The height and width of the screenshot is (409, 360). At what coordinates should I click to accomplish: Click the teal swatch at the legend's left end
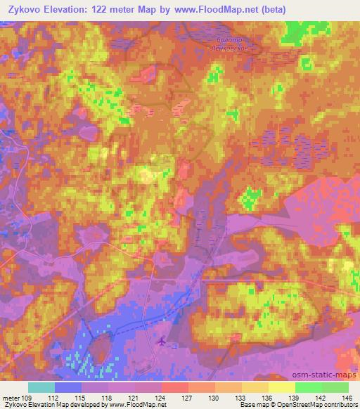coord(41,387)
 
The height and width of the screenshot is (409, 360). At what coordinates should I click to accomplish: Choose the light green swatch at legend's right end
coord(335,387)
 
